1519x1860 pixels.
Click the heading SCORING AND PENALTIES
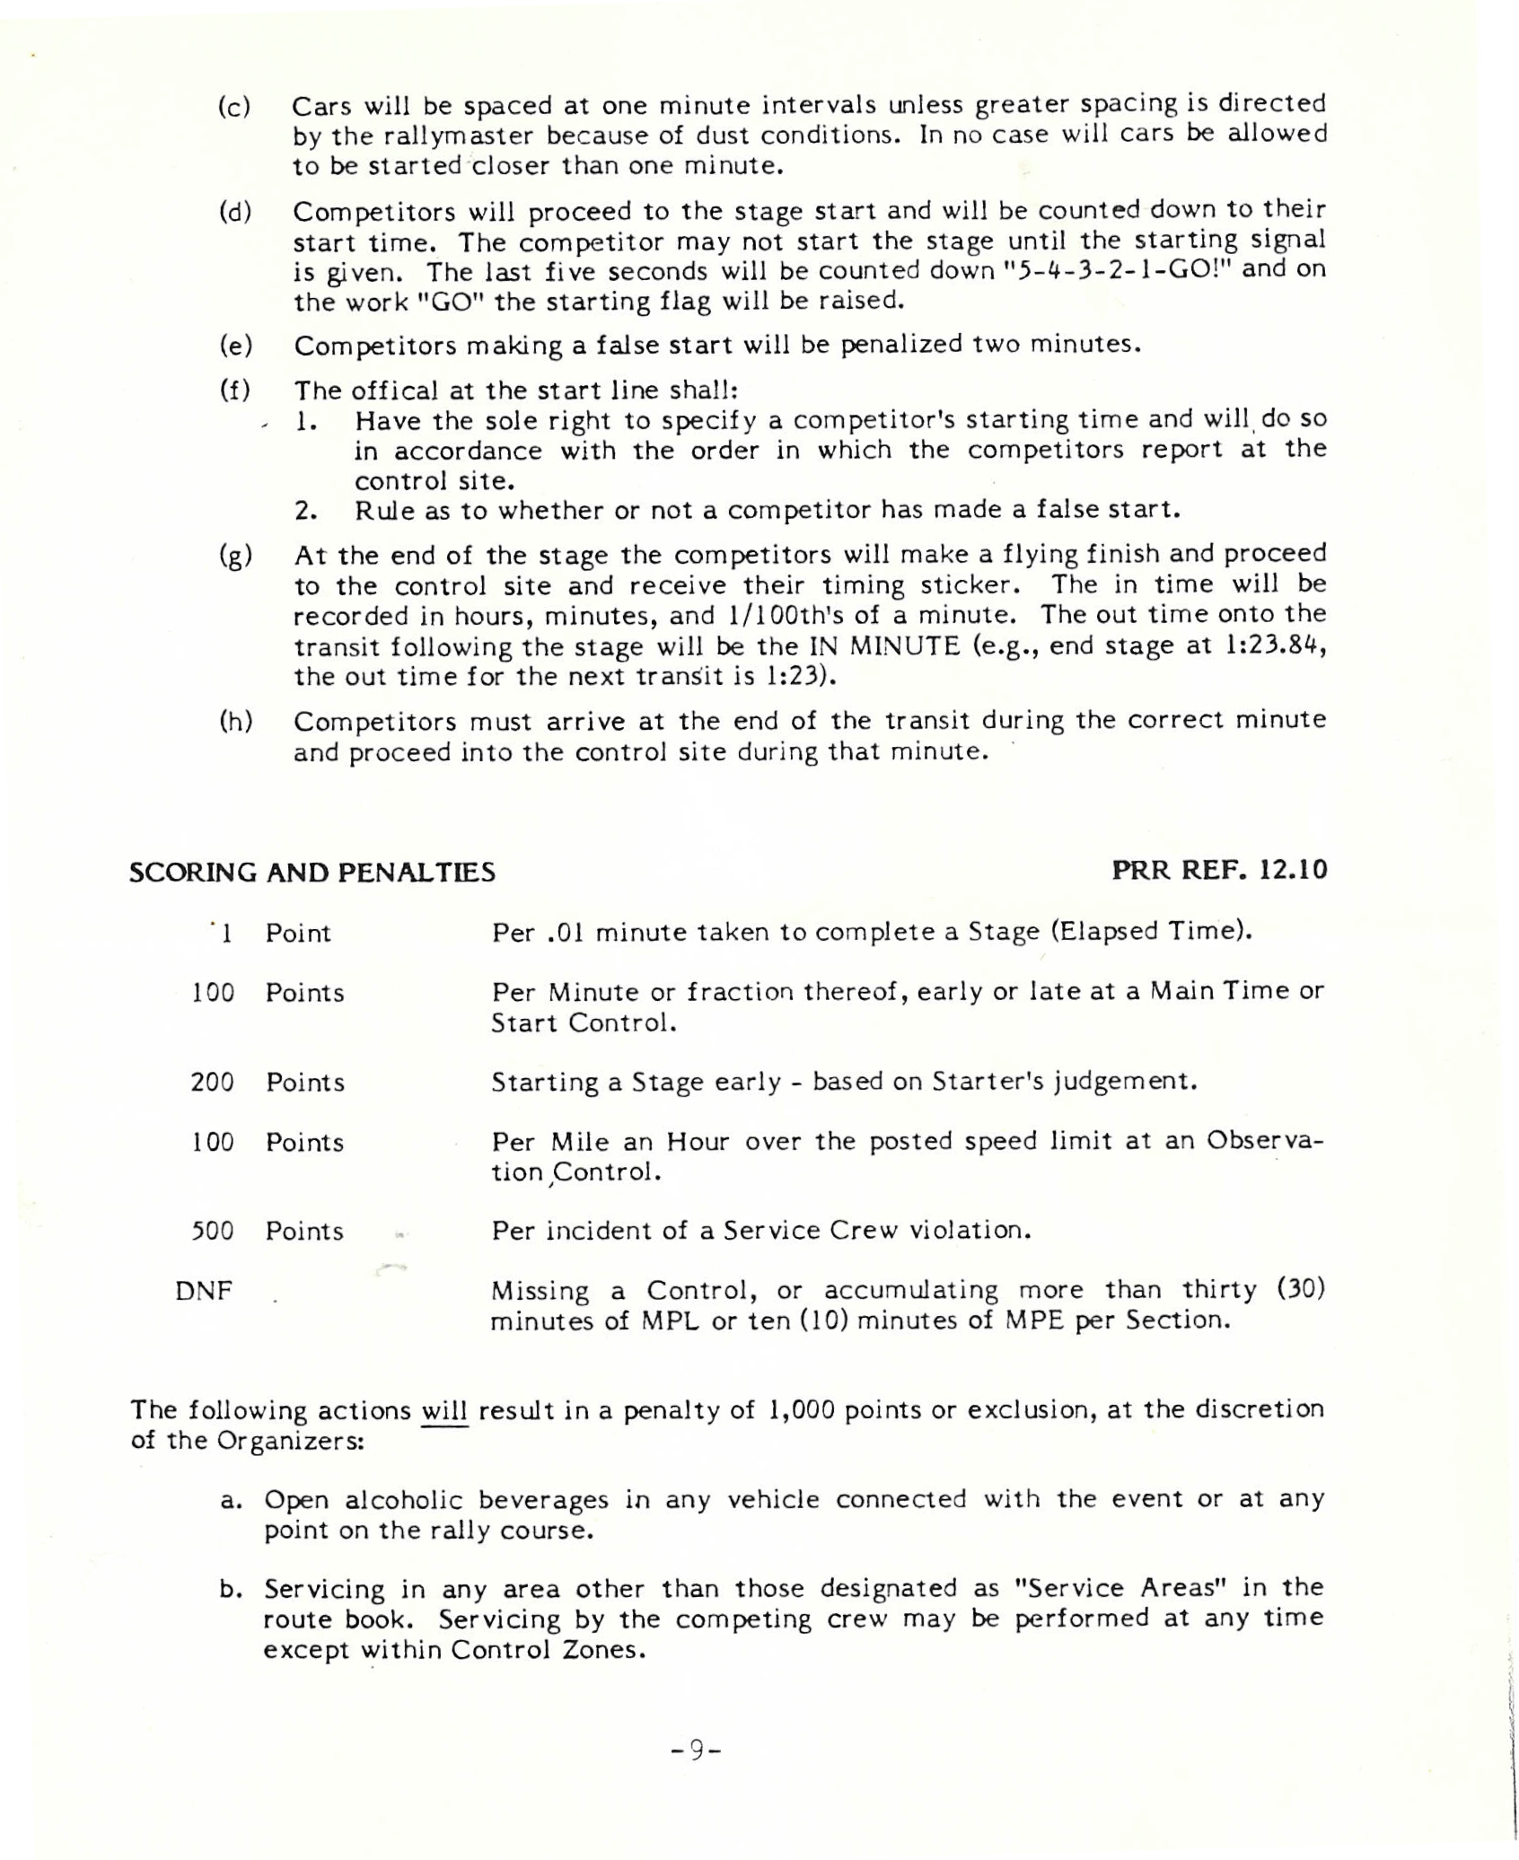tap(312, 873)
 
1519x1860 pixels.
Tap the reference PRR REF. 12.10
tap(1219, 870)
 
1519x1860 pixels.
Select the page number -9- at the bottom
tap(697, 1750)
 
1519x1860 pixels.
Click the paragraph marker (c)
tap(234, 107)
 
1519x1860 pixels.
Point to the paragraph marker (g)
tap(235, 556)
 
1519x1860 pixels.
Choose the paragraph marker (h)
tap(235, 722)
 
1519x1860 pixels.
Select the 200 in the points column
tap(212, 1083)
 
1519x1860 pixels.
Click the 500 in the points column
tap(212, 1231)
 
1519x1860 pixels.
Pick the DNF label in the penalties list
tap(204, 1292)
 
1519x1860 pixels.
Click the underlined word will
tap(444, 1411)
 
